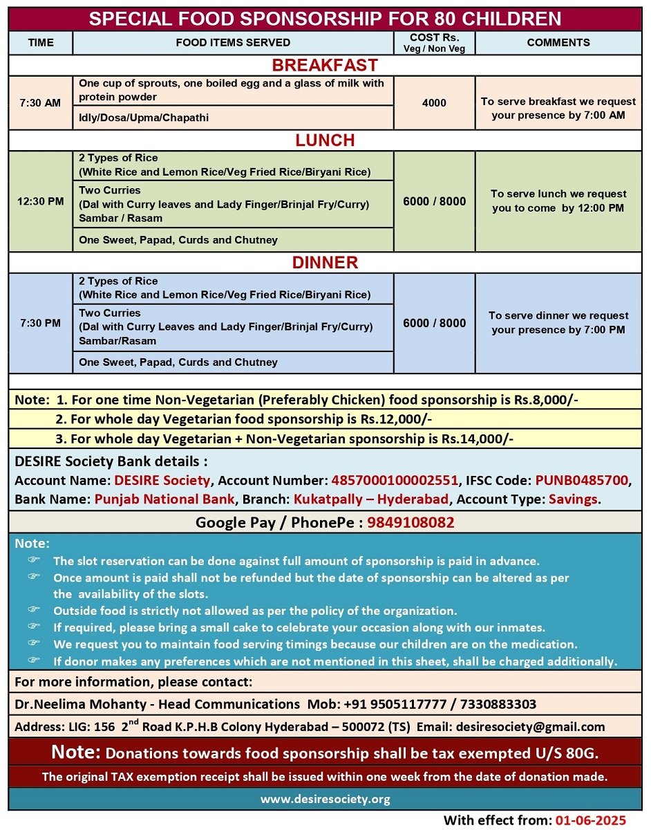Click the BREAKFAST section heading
coord(325,66)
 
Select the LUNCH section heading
coord(325,140)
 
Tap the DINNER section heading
coord(325,263)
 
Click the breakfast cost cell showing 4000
coord(434,102)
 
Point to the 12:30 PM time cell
coord(40,201)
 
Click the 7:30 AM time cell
coord(40,102)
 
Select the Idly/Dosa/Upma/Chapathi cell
coord(144,118)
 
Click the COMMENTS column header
coord(558,42)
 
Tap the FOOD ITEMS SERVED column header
coord(233,42)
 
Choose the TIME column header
coord(41,42)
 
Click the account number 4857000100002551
coord(395,480)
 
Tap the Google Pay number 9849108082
coord(411,523)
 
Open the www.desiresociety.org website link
coord(325,799)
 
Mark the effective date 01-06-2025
coord(591,820)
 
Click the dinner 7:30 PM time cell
coord(40,323)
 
